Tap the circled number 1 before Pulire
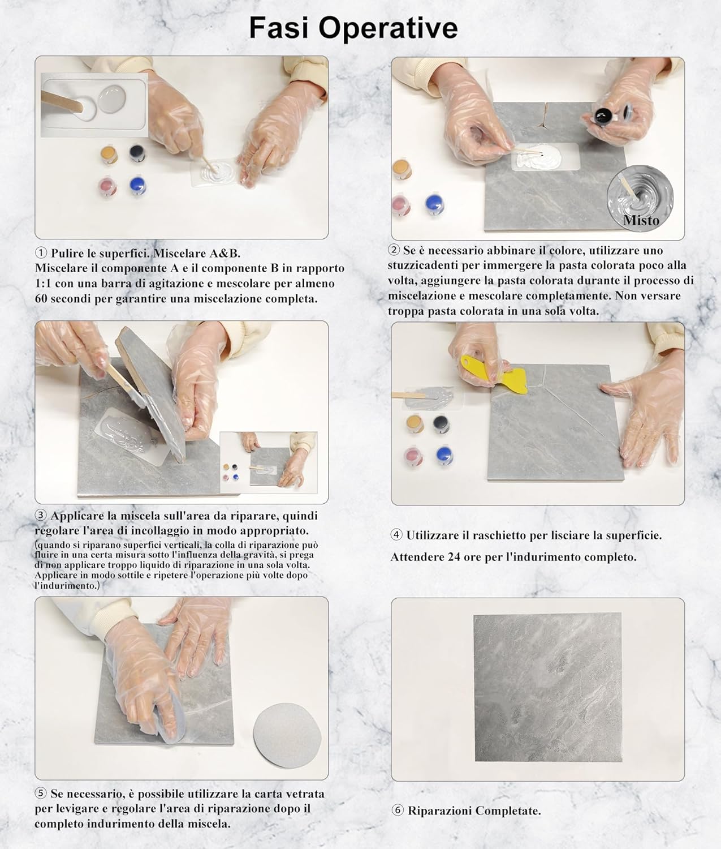pos(41,253)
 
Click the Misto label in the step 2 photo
pos(641,220)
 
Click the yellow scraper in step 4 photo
pos(497,374)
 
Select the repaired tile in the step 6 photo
pos(547,687)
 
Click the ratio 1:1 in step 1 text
pos(45,283)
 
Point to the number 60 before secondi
pos(41,298)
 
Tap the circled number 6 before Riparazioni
pos(398,811)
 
